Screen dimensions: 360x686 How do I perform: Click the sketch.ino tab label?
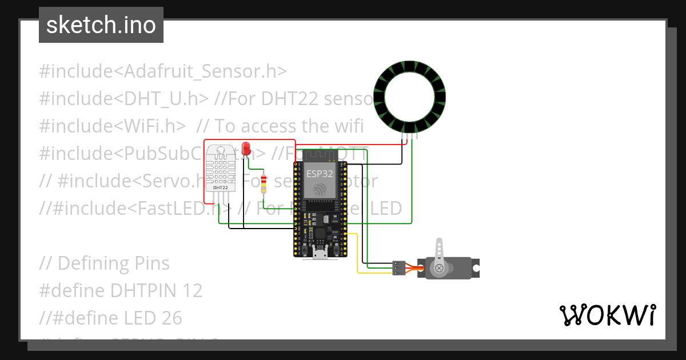[101, 26]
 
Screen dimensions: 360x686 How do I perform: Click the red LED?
[246, 148]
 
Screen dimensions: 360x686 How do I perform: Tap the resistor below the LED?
[264, 185]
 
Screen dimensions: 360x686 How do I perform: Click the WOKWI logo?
[607, 315]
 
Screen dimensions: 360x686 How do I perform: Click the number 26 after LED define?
[169, 318]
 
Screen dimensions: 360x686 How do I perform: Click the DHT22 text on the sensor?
[221, 187]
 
